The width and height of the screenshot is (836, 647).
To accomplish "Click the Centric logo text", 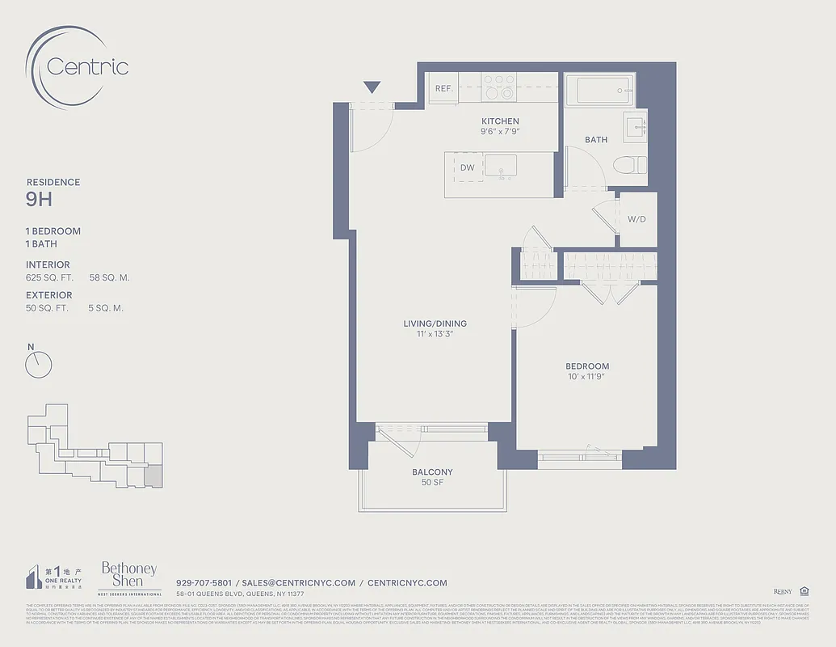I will [x=87, y=66].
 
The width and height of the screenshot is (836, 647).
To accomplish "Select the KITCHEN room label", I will [x=500, y=121].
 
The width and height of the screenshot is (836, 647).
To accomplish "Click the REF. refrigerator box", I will [x=443, y=89].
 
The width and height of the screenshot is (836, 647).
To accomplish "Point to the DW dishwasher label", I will [x=468, y=168].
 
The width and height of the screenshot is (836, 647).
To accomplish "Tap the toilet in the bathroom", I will [x=630, y=165].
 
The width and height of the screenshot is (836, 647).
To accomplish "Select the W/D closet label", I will [x=636, y=219].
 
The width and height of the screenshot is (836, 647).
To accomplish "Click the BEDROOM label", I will [x=587, y=366].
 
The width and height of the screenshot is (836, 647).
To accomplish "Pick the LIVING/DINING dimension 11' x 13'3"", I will [x=435, y=334].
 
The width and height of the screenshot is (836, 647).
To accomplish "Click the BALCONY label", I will [x=432, y=472].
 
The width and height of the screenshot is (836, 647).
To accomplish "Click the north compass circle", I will [x=38, y=365].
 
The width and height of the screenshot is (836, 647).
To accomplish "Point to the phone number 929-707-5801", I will [x=204, y=582].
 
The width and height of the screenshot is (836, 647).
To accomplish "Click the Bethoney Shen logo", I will [x=128, y=576].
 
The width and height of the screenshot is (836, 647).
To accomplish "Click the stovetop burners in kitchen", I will [x=499, y=87].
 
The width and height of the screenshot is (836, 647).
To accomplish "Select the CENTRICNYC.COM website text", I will [x=407, y=582].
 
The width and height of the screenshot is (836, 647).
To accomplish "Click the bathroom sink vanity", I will [x=634, y=125].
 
